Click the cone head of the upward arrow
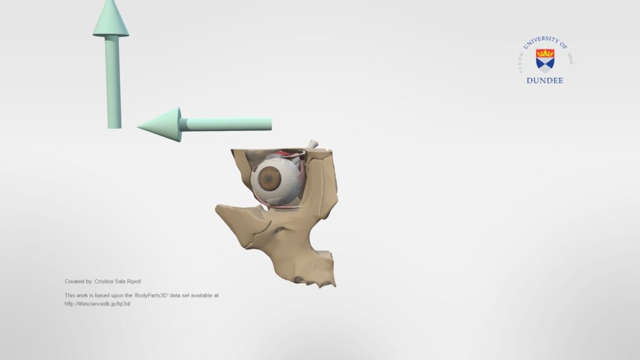pos(111,19)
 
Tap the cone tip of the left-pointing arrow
pos(137,127)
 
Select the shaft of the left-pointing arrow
pos(225,124)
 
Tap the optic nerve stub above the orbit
pos(312,144)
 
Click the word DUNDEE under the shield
pos(545,81)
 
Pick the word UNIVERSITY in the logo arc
pos(541,41)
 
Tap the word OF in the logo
pos(564,45)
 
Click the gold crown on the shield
pos(545,53)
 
